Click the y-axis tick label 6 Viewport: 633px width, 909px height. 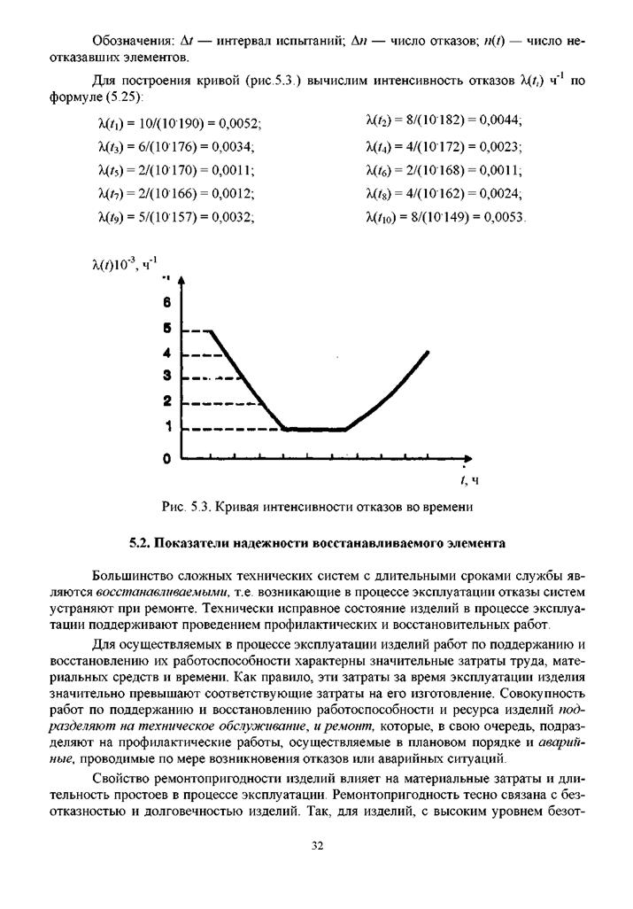(166, 302)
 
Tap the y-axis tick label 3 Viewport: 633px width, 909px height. (166, 377)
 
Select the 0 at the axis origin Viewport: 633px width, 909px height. (166, 459)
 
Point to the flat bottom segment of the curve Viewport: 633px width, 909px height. (314, 430)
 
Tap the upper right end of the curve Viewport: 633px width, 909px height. (428, 353)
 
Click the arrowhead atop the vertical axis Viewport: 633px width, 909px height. (181, 281)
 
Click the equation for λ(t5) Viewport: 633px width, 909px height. (174, 170)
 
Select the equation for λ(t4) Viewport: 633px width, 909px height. (444, 146)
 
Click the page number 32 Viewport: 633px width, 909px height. (317, 847)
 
